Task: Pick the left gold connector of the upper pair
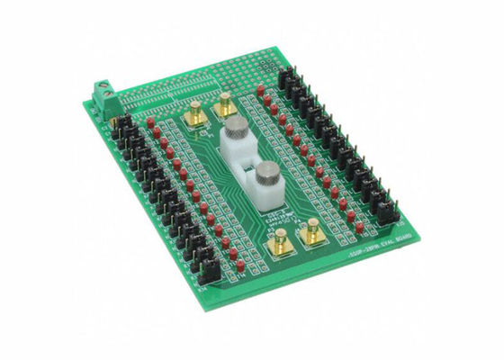(193, 115)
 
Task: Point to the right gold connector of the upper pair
(222, 106)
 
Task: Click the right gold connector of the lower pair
(312, 232)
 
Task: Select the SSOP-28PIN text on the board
(340, 255)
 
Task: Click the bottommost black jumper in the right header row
(387, 212)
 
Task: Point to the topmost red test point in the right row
(261, 90)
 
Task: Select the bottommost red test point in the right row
(358, 227)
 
